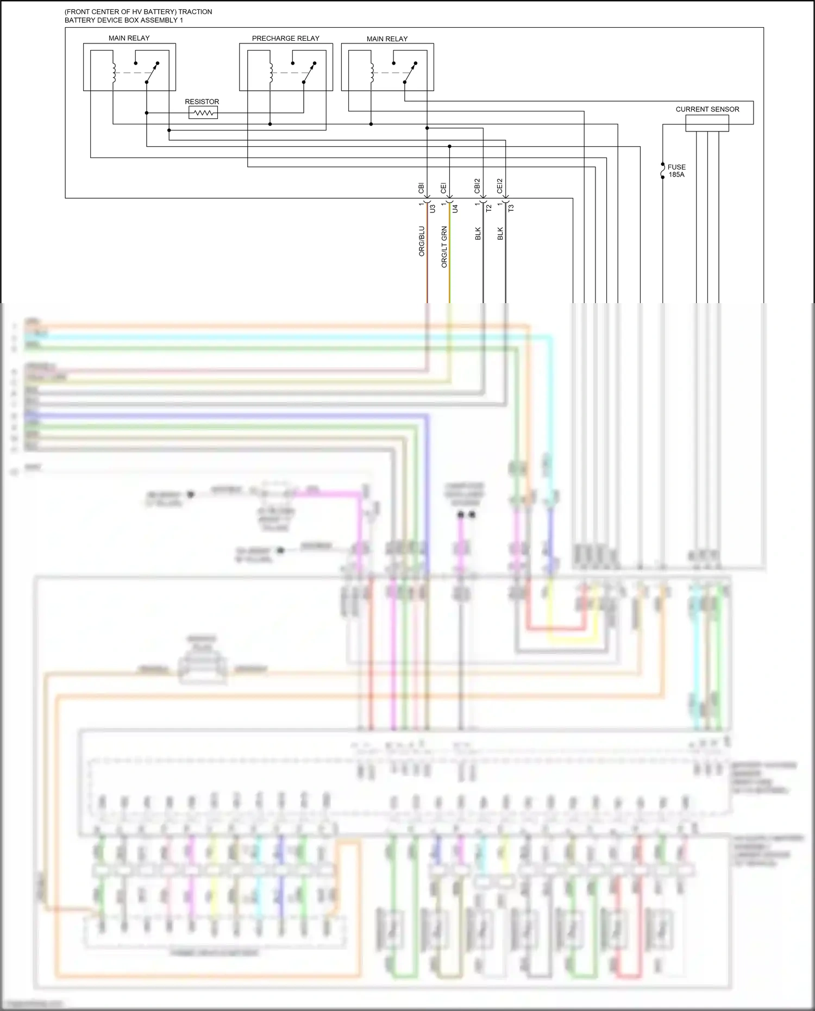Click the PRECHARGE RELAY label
point(285,39)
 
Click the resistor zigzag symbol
point(203,112)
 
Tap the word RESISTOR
point(202,102)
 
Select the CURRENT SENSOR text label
point(707,109)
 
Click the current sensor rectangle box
point(706,123)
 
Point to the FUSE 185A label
point(676,171)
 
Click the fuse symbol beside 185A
point(662,171)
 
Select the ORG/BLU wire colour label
point(422,241)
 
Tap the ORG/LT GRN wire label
point(444,247)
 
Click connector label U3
point(432,208)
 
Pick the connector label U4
point(455,208)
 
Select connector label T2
point(488,208)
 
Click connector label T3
point(511,208)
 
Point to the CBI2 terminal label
point(477,186)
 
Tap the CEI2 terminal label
point(499,186)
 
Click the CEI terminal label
point(443,188)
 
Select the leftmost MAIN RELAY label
point(129,38)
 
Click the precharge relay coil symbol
point(271,73)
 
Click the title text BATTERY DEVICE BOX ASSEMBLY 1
point(124,20)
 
